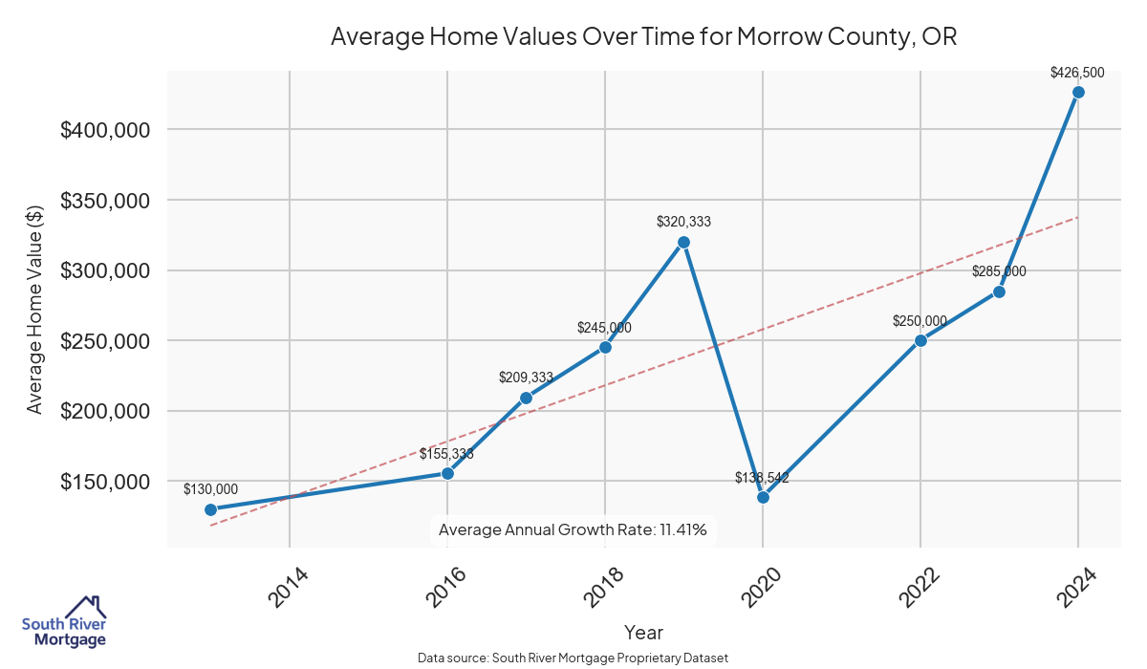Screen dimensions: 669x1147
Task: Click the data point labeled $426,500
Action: coord(1078,93)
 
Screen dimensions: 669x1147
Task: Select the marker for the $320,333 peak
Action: coord(683,242)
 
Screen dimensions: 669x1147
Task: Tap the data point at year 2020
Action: coord(763,497)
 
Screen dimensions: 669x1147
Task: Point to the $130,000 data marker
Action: coord(210,509)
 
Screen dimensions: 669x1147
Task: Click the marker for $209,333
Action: coord(526,398)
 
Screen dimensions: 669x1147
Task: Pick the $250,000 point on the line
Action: coord(920,340)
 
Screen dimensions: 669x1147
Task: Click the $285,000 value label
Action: coord(999,271)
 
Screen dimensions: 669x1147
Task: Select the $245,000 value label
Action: coord(604,328)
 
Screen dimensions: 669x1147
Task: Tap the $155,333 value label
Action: coord(446,454)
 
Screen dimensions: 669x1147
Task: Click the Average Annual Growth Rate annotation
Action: coord(573,529)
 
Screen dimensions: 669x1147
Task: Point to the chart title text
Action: coord(643,37)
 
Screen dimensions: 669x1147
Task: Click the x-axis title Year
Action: coord(643,632)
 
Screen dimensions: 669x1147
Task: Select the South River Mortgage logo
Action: coord(64,623)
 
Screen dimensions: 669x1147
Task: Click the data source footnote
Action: coord(573,658)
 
